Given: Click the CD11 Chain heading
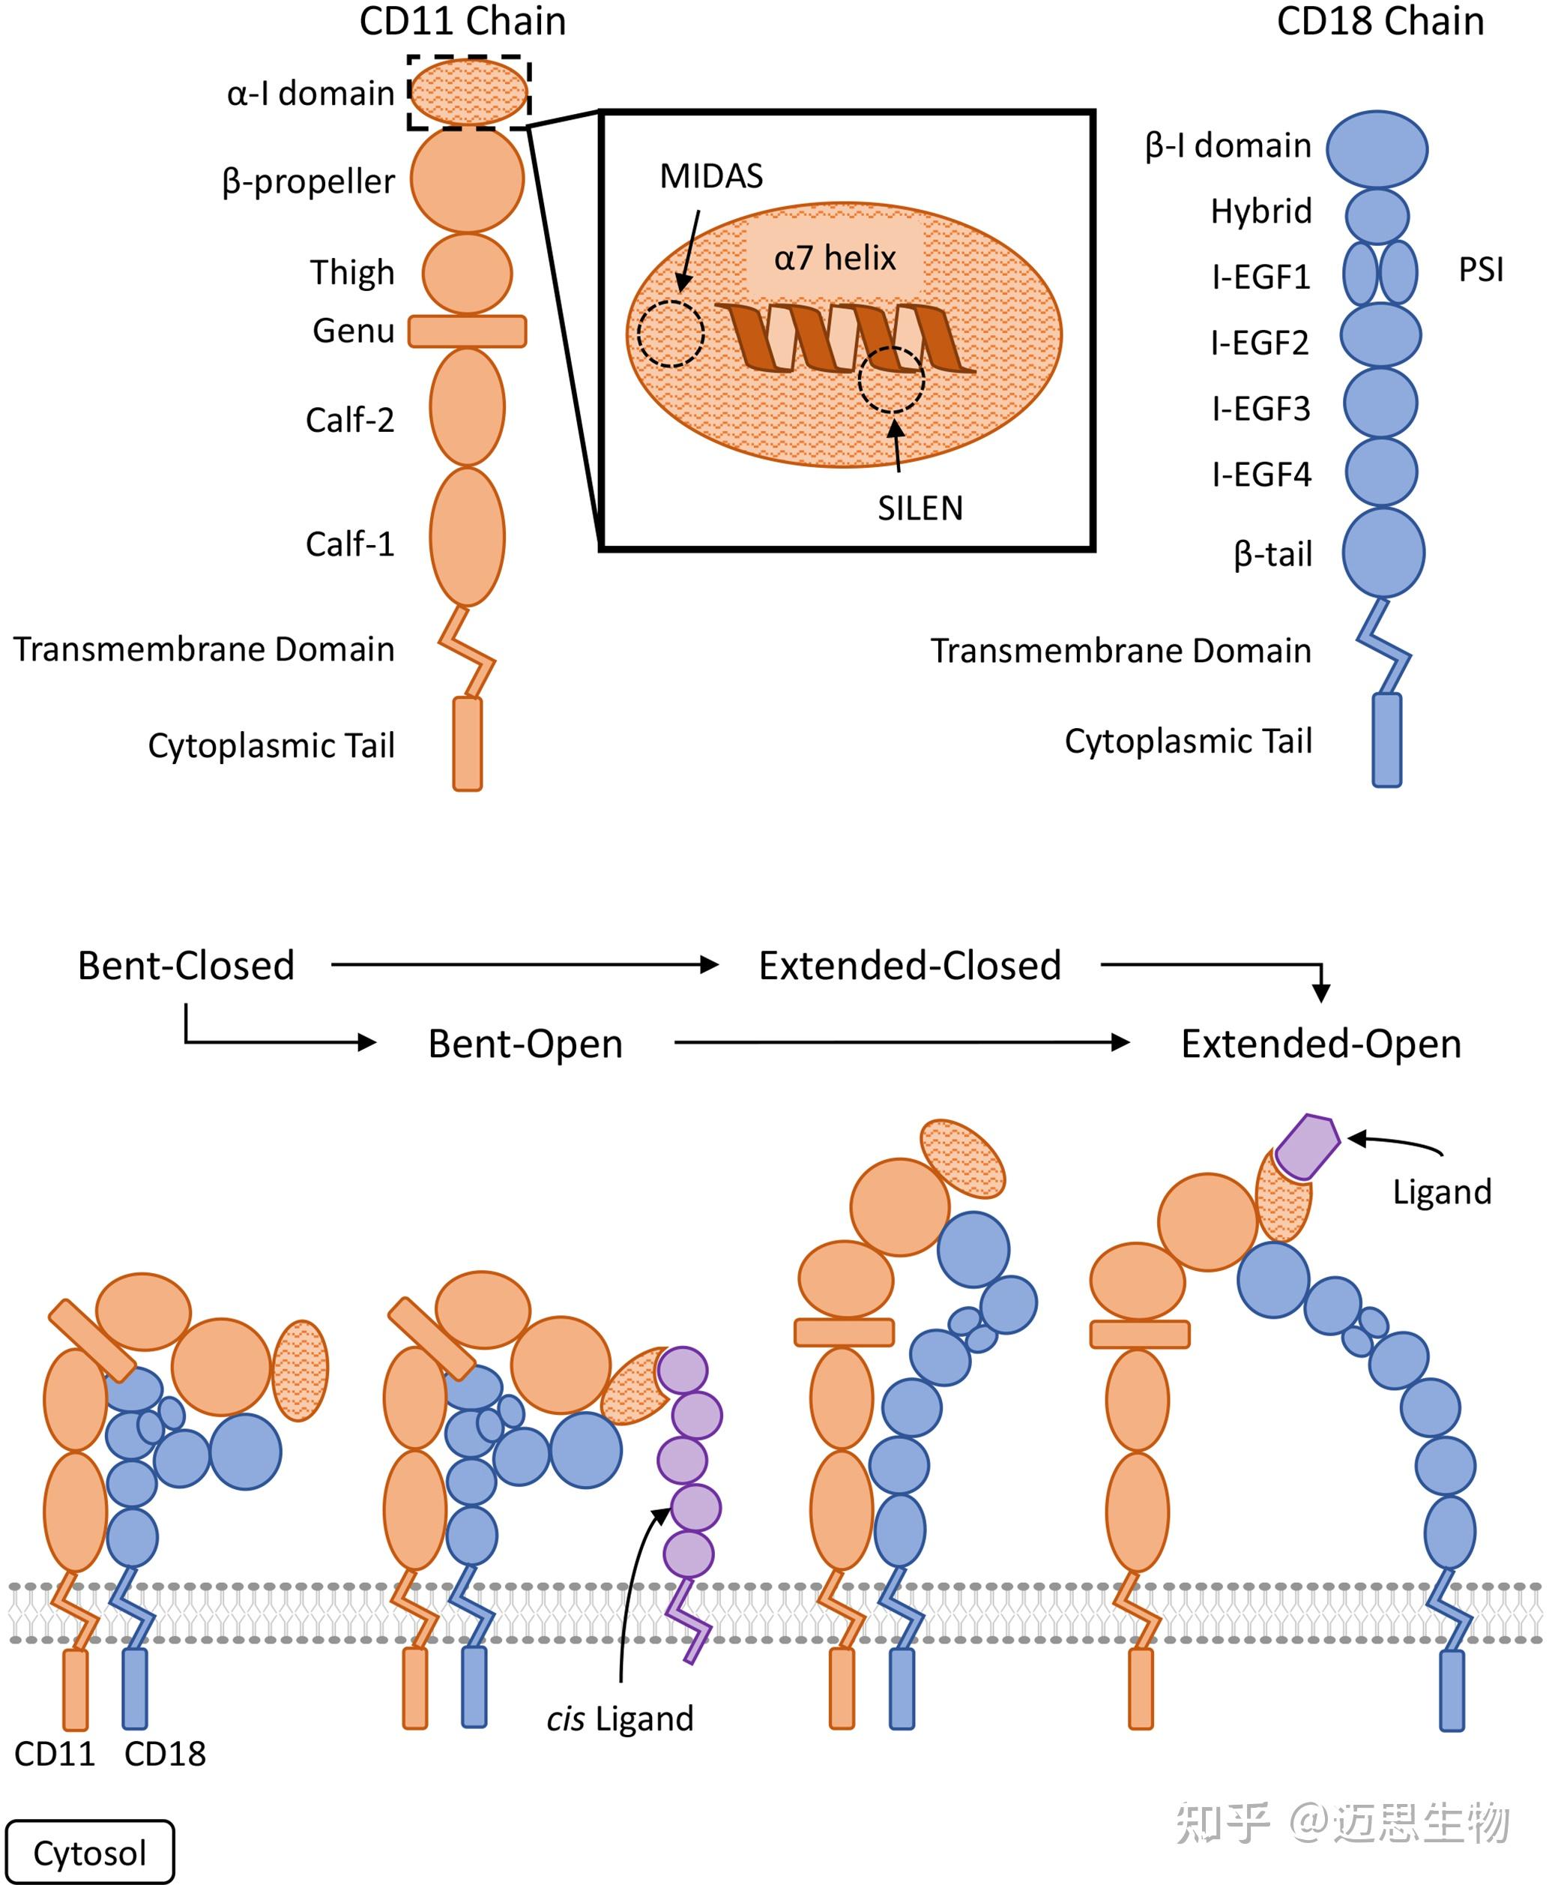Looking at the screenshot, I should click(462, 22).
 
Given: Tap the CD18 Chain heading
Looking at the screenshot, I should click(1380, 22).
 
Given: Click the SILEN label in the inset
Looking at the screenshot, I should click(920, 508).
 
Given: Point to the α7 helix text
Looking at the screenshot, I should click(834, 258).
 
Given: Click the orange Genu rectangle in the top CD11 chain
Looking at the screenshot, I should click(468, 331).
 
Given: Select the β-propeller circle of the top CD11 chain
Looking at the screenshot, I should click(468, 178).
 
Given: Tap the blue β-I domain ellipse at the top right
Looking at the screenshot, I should click(1377, 149).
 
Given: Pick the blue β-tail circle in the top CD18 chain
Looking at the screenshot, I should click(1383, 553).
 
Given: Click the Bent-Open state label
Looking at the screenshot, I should click(525, 1044).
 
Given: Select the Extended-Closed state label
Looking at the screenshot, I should click(910, 966).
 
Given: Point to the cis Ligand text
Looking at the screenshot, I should click(620, 1718).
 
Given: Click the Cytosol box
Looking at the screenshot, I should click(90, 1852).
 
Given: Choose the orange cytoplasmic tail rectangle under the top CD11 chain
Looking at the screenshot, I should click(468, 744).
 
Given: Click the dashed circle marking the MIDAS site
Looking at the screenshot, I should click(671, 334).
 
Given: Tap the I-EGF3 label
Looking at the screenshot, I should click(1260, 408).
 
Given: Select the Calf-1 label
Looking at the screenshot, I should click(350, 544).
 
